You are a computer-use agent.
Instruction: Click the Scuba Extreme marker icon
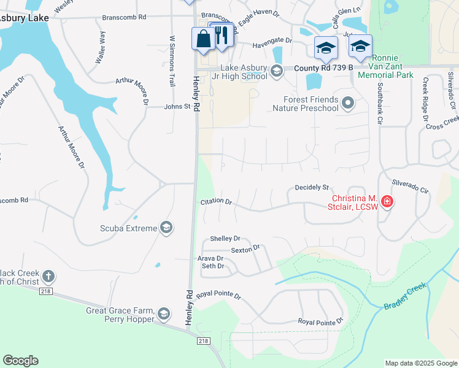click(x=165, y=228)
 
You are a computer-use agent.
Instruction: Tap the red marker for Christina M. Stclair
click(x=387, y=201)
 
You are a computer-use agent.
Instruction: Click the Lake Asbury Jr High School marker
click(x=276, y=72)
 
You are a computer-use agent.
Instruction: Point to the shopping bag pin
click(x=203, y=39)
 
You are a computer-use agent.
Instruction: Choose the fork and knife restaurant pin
click(x=223, y=35)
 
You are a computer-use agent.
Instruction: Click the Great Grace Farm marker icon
click(x=163, y=315)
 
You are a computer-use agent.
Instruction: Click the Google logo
click(x=20, y=361)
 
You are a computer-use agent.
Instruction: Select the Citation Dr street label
click(x=216, y=201)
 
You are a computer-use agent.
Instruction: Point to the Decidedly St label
click(x=312, y=187)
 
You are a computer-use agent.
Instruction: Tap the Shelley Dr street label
click(x=225, y=239)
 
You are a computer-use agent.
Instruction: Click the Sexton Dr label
click(x=245, y=249)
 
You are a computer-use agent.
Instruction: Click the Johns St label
click(x=178, y=106)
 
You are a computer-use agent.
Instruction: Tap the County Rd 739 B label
click(x=323, y=68)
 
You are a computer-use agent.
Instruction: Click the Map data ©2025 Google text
click(x=420, y=363)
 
